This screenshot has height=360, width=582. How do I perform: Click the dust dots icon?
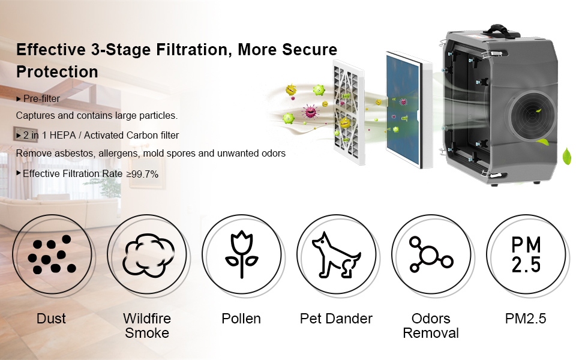(x=51, y=255)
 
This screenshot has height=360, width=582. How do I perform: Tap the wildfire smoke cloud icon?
(x=146, y=255)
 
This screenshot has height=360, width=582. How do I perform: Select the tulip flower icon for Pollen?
(x=241, y=255)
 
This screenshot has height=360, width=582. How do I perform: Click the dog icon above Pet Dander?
(x=336, y=255)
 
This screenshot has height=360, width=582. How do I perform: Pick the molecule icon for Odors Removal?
(x=431, y=255)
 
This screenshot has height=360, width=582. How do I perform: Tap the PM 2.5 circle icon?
(x=526, y=255)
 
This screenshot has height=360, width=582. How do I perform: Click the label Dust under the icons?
(x=51, y=319)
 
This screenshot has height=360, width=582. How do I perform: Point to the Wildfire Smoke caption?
(x=147, y=325)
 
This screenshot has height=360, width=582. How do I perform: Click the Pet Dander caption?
(x=336, y=319)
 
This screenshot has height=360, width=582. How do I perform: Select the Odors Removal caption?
(x=431, y=325)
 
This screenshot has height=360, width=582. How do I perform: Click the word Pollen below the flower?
(x=241, y=319)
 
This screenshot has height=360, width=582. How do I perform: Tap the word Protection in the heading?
(x=57, y=72)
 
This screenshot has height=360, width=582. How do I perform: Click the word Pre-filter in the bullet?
(x=41, y=98)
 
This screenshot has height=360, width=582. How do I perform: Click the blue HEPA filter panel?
(x=408, y=111)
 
